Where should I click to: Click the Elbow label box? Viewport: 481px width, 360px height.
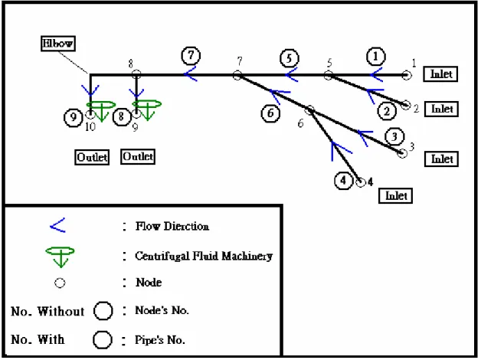(58, 44)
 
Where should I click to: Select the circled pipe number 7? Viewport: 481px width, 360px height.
(191, 55)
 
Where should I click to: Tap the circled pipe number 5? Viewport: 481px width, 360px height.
(290, 58)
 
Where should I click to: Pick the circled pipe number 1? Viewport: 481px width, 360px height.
(376, 57)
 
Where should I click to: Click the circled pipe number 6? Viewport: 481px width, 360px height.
(270, 113)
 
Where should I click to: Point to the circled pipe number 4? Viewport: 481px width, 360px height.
(343, 181)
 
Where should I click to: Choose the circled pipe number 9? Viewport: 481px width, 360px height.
(73, 117)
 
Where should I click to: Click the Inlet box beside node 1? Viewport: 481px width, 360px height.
(440, 74)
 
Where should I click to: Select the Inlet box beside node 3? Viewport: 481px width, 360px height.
(441, 159)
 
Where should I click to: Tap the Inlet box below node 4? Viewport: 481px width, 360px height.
(396, 195)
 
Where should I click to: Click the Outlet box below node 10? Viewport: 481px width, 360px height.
(92, 157)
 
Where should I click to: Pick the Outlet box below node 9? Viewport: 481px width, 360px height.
(138, 157)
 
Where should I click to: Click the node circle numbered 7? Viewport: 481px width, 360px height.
(237, 75)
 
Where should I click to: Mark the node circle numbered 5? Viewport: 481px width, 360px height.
(329, 75)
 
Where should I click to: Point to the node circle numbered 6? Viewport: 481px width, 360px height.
(310, 110)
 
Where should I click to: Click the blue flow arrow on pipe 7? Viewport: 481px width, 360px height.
(190, 74)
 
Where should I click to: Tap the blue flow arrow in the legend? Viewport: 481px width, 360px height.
(57, 225)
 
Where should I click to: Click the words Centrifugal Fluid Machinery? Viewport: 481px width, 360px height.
(204, 256)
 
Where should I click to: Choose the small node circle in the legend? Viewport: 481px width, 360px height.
(60, 283)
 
